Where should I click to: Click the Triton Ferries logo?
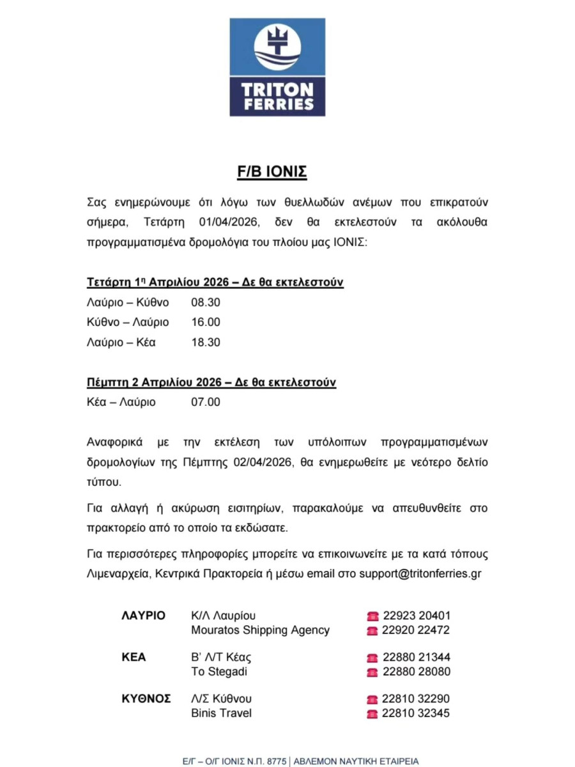click(277, 67)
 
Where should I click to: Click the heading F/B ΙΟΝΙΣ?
click(277, 172)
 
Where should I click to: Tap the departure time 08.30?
click(206, 302)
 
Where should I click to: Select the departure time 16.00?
click(206, 322)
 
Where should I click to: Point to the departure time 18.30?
click(206, 343)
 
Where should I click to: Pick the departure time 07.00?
click(206, 403)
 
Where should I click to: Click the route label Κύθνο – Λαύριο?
click(128, 322)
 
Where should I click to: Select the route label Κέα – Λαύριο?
click(121, 403)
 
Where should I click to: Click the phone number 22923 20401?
click(417, 616)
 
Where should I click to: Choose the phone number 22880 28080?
click(417, 672)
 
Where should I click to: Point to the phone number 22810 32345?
click(417, 713)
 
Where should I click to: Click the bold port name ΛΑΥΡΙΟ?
click(143, 616)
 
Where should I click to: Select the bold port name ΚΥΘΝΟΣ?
click(146, 699)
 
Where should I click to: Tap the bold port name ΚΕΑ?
click(134, 657)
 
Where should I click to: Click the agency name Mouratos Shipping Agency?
click(261, 630)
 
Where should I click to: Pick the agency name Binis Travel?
click(222, 713)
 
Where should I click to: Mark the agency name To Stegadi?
click(219, 672)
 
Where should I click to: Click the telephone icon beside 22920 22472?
click(372, 631)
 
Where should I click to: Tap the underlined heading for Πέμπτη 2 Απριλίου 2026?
click(211, 383)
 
